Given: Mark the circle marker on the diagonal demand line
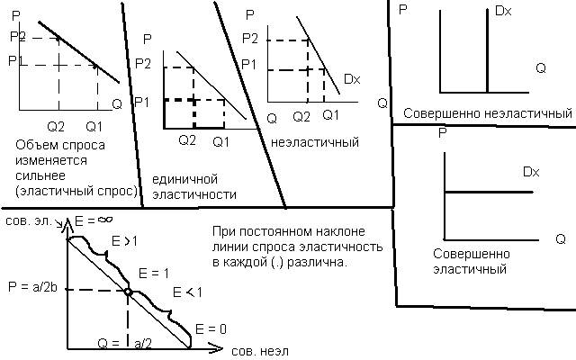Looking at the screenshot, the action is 129,292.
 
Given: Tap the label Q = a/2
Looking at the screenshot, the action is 127,344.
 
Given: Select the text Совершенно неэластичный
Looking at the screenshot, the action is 487,114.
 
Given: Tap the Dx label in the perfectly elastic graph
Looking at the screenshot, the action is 530,171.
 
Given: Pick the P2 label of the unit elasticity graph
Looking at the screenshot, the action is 141,64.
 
